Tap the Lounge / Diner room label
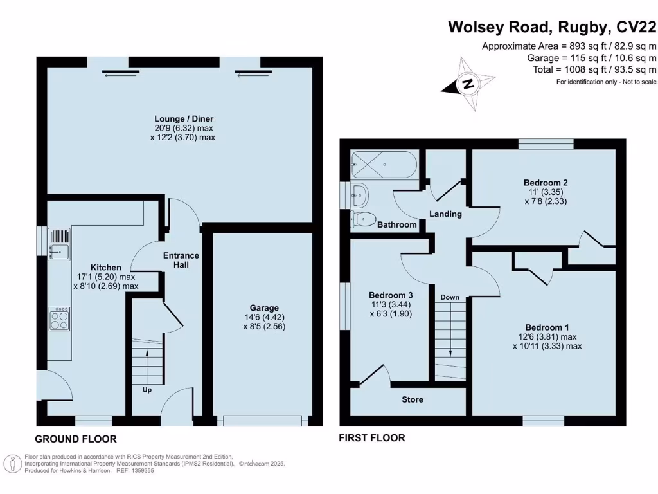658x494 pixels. tap(184, 119)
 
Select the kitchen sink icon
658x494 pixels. tap(59, 244)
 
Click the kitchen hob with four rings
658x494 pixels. tap(60, 319)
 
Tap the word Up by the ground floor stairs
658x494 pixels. tap(147, 390)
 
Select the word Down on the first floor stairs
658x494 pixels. tap(450, 297)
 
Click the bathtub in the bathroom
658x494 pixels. tap(384, 165)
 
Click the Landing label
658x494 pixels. tap(446, 214)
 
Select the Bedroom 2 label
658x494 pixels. tap(546, 183)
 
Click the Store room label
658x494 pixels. tap(413, 399)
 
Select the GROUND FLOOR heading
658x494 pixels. tap(76, 439)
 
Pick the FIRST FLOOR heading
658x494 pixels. tap(372, 437)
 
